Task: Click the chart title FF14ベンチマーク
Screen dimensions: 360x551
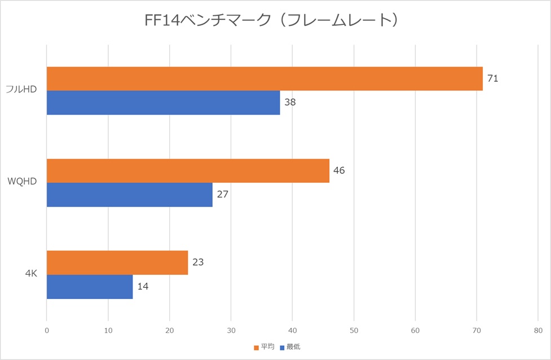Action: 275,21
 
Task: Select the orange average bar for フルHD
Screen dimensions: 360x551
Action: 265,79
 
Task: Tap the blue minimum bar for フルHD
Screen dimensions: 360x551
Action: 163,103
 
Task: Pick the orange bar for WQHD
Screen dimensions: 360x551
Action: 188,171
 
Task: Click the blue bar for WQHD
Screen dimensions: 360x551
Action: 129,195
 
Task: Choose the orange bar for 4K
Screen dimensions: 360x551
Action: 117,262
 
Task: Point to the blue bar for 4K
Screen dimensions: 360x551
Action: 89,287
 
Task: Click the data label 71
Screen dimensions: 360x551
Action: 492,78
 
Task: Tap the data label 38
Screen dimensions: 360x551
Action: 290,103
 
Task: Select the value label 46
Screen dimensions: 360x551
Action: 339,170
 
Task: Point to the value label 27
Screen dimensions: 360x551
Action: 222,195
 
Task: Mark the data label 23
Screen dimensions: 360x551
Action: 197,262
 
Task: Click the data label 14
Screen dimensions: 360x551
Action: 143,287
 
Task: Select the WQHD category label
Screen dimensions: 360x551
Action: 23,183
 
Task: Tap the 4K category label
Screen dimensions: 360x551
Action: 31,274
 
